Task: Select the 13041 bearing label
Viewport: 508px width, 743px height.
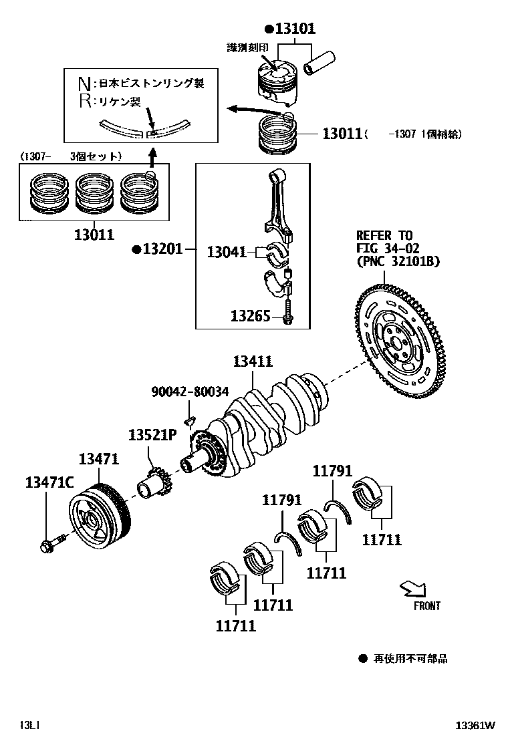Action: pos(227,252)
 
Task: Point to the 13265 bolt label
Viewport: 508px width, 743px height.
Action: pos(251,316)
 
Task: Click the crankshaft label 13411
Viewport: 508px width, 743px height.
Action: pos(253,361)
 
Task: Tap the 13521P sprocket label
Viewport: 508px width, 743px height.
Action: pos(152,436)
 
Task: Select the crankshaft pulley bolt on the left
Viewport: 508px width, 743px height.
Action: pos(53,542)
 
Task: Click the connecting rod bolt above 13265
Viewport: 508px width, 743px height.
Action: pos(287,309)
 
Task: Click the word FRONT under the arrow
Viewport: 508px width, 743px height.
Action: pos(426,606)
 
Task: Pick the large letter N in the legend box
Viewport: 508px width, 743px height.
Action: pos(84,84)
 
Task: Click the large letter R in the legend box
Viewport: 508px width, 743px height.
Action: pos(84,102)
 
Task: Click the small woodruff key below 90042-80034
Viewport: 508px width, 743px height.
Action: pos(189,420)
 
